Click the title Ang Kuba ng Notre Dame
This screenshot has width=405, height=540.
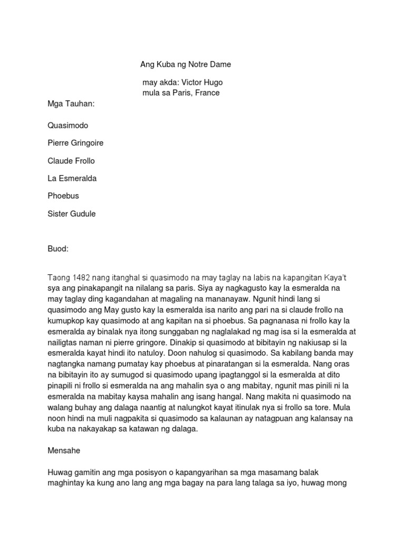[185, 65]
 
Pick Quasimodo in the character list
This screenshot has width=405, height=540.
[68, 126]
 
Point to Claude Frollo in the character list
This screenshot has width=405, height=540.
[71, 161]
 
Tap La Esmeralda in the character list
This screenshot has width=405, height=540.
[72, 178]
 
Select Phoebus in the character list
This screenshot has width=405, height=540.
[63, 196]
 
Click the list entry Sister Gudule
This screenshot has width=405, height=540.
[72, 214]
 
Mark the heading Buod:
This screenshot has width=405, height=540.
[58, 249]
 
